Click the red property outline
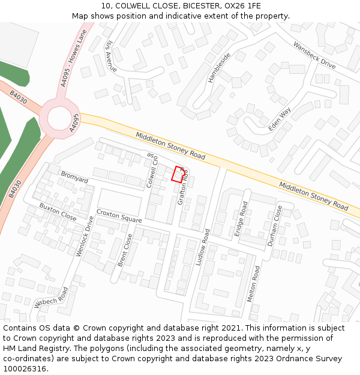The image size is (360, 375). point(178,174)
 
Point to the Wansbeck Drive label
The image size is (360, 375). point(314,55)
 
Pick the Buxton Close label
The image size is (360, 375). point(58,212)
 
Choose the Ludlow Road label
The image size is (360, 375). point(203,247)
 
